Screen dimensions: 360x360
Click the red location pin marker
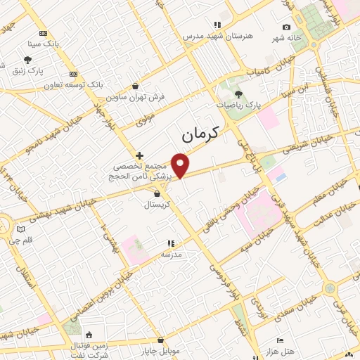pos(181,165)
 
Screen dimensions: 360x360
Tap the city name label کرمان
pos(200,131)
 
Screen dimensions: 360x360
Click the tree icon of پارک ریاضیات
pos(238,93)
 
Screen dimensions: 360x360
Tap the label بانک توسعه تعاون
pos(77,84)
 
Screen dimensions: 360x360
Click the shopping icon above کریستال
pos(157,193)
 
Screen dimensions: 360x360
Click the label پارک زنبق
pos(28,70)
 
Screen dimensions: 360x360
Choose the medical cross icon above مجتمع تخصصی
pos(139,155)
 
